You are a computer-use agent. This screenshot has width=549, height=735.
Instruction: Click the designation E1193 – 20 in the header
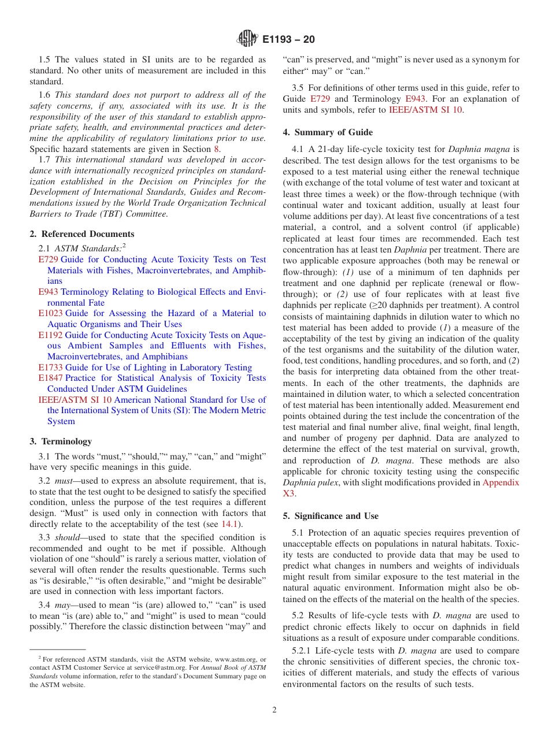[x=288, y=40]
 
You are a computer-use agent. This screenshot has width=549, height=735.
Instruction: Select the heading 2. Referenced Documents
[x=82, y=234]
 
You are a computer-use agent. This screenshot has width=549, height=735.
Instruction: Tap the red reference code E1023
[x=50, y=313]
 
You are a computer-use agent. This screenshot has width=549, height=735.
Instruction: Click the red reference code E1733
[x=50, y=367]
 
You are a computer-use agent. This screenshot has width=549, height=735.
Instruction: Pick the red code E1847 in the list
[x=50, y=378]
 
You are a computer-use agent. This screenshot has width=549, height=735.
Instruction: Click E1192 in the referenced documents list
[x=50, y=335]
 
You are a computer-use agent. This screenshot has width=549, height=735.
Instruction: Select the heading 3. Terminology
[x=61, y=441]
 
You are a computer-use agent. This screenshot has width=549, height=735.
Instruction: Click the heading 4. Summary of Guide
[x=328, y=132]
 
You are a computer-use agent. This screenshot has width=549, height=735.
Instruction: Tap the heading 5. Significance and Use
[x=331, y=516]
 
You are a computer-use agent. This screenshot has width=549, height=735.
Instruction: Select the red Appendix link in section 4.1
[x=500, y=482]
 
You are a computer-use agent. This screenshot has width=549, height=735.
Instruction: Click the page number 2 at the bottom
[x=274, y=710]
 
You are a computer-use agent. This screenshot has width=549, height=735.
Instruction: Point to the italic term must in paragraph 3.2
[x=64, y=481]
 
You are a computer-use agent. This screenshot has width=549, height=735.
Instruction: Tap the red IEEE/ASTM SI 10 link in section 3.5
[x=425, y=110]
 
